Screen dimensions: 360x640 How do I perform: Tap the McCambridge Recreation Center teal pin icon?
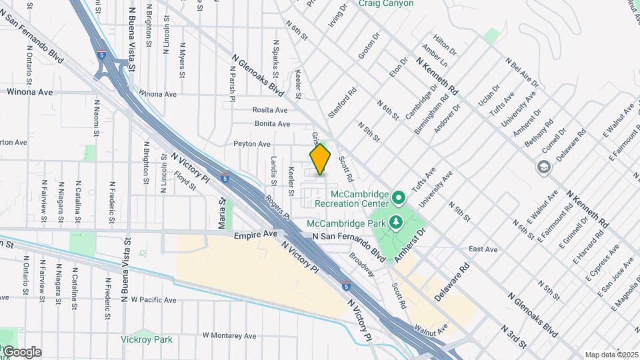[399, 197]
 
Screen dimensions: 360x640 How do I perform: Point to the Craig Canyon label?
[386, 4]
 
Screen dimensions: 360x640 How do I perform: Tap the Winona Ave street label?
[29, 93]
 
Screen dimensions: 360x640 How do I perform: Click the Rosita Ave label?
[269, 110]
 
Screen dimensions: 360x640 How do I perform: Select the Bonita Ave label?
[272, 124]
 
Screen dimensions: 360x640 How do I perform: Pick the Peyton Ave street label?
[252, 144]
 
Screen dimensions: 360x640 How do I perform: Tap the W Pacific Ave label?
[153, 301]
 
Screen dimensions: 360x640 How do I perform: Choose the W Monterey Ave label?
[229, 335]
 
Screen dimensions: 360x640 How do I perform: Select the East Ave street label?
[483, 249]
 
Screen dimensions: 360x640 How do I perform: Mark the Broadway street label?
[363, 266]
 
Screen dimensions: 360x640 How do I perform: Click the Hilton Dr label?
[445, 46]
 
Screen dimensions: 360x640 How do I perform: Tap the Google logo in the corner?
[21, 352]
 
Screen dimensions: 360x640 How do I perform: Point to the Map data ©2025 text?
[611, 355]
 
